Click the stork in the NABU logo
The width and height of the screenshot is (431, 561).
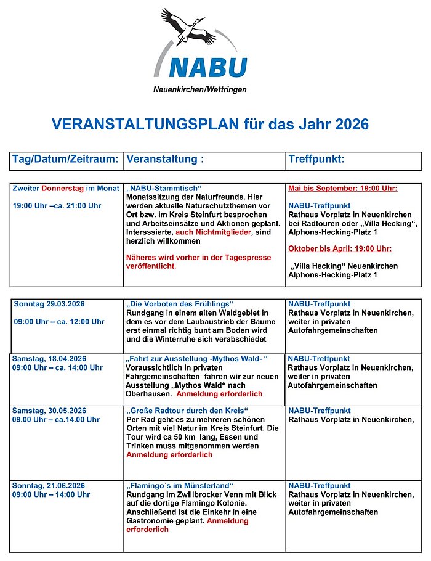coord(188,28)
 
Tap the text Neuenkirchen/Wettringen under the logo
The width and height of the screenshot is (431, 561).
coord(199,90)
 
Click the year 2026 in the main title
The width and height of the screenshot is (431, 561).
coord(352,125)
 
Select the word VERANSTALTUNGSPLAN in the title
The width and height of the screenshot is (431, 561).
coord(145,125)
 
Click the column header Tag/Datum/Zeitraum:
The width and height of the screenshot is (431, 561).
coord(65,160)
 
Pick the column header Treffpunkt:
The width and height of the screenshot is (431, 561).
coord(316,160)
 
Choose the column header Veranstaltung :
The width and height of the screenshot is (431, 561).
coord(164,160)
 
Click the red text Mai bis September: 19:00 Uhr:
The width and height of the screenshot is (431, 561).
coord(342,189)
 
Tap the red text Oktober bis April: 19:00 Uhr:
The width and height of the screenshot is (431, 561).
coord(340,249)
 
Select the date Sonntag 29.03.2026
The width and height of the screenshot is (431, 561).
coord(49,305)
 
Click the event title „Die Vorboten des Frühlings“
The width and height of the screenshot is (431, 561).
coord(180,305)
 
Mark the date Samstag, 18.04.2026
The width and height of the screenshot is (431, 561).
coord(49,359)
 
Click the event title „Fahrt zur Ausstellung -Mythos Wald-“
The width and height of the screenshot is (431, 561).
coord(197,359)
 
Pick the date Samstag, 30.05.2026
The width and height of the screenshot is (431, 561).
coord(49,411)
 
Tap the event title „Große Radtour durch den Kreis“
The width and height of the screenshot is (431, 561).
coord(187,411)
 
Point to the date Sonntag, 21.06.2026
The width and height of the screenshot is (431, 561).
coord(49,486)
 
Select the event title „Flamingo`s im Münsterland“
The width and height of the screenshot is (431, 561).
coord(180,486)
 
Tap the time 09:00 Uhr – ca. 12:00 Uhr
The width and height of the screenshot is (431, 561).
coord(59,322)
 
